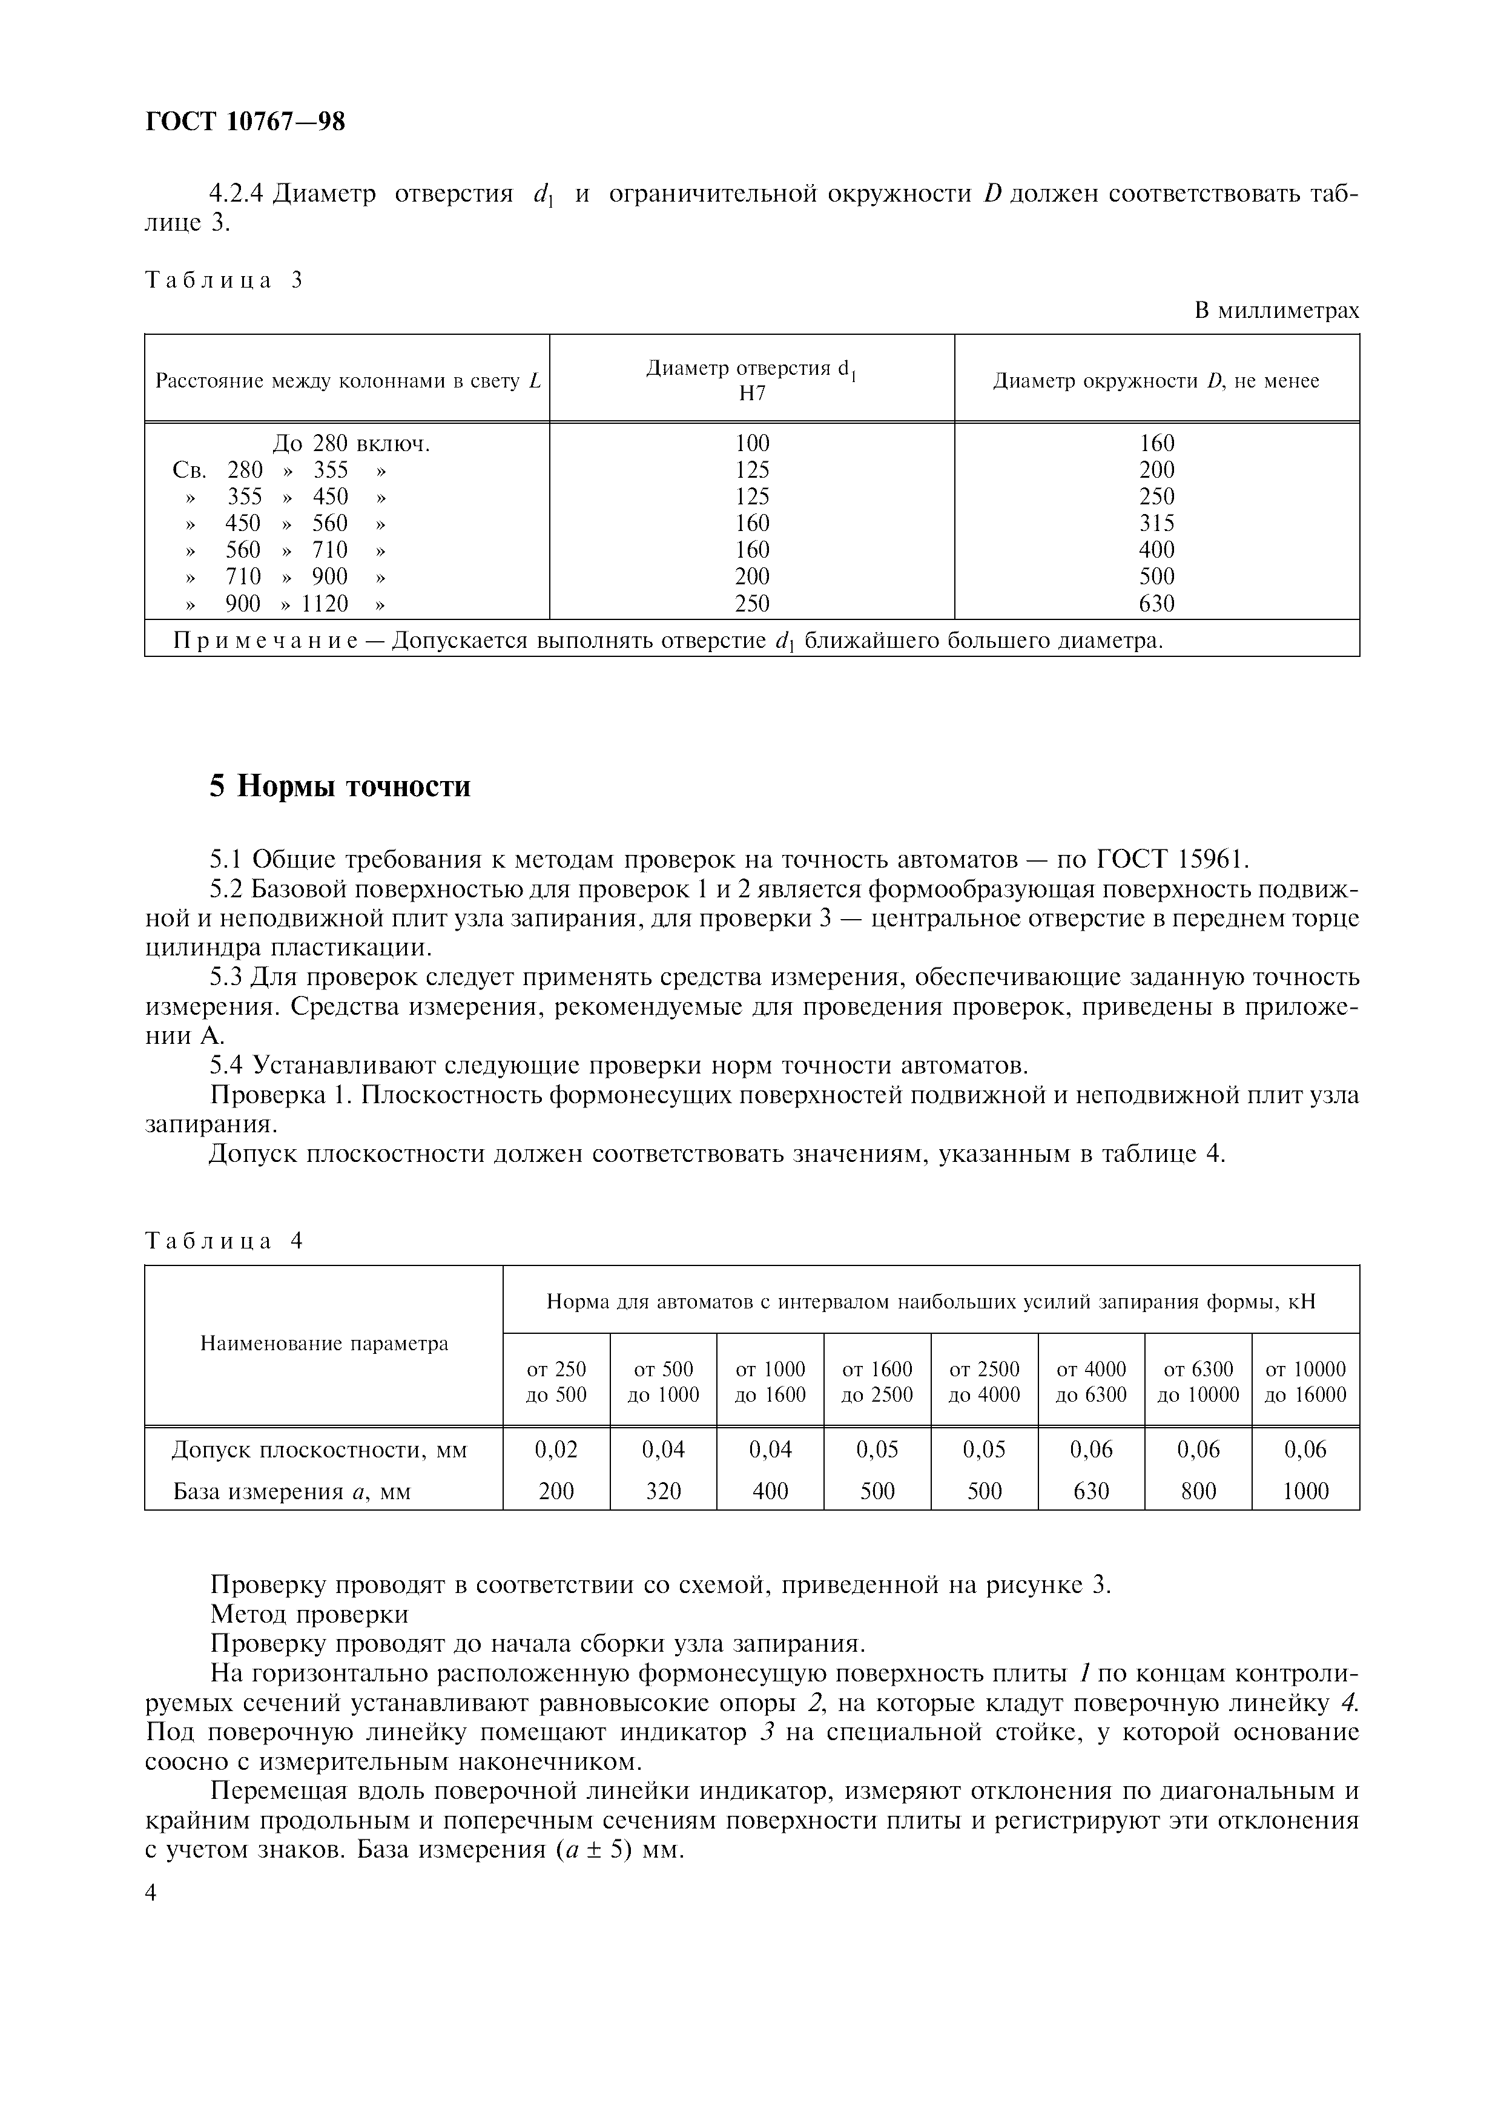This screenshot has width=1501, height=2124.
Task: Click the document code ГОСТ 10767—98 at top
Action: point(245,121)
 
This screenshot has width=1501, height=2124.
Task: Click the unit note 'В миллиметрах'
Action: point(1276,311)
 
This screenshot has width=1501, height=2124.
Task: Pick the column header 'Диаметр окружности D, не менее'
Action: point(1156,381)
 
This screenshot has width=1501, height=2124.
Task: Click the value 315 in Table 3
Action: point(1156,524)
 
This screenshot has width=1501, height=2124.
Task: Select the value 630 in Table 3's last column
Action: point(1156,604)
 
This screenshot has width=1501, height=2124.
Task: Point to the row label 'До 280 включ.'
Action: point(351,444)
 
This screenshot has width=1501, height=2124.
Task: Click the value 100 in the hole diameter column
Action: point(752,444)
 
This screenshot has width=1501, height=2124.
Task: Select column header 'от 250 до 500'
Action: point(556,1381)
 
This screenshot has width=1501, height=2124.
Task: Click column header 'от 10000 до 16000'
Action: point(1305,1381)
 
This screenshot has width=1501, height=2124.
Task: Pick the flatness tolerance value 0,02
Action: point(556,1450)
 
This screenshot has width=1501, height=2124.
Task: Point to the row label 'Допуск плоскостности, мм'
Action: point(320,1450)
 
